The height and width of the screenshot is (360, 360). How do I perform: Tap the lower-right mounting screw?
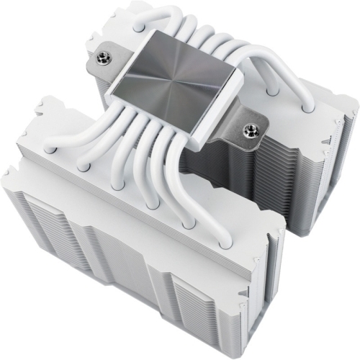251,130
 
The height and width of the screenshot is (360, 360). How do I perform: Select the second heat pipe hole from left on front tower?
84,166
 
